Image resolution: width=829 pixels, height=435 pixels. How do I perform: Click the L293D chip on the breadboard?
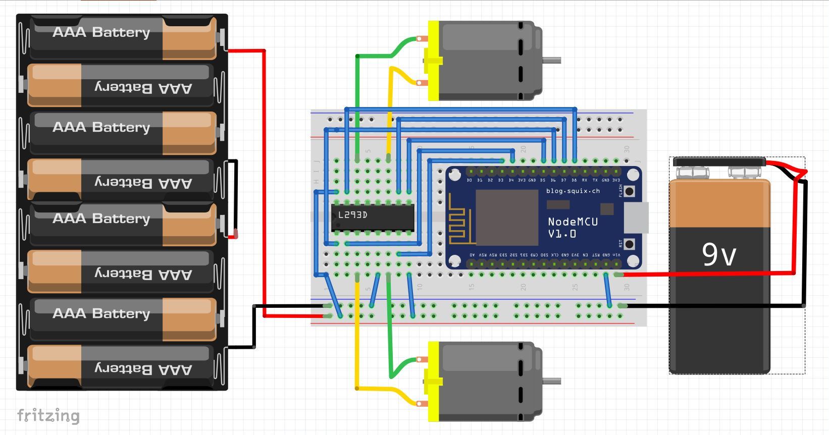pyautogui.click(x=373, y=217)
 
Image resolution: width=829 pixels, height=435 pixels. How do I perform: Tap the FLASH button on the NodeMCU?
pyautogui.click(x=629, y=191)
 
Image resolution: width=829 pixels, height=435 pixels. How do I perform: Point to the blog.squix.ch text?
pyautogui.click(x=573, y=191)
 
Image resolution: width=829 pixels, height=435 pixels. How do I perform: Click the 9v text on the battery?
pyautogui.click(x=719, y=254)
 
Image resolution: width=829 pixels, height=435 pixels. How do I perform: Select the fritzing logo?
pyautogui.click(x=48, y=415)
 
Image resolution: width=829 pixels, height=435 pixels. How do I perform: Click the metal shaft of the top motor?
pyautogui.click(x=552, y=61)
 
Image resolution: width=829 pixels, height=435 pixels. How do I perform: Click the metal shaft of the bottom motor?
pyautogui.click(x=552, y=381)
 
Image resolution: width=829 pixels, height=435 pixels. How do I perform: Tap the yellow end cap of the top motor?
pyautogui.click(x=433, y=61)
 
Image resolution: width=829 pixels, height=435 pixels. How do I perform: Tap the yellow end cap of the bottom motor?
pyautogui.click(x=433, y=381)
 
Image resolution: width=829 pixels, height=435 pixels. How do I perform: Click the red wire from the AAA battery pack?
pyautogui.click(x=264, y=182)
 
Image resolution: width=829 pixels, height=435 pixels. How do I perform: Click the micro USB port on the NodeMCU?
pyautogui.click(x=635, y=217)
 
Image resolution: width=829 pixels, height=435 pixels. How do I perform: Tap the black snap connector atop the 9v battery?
pyautogui.click(x=719, y=161)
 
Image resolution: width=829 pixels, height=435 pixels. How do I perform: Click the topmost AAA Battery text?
pyautogui.click(x=101, y=32)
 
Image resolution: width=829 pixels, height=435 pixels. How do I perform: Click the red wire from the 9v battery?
pyautogui.click(x=707, y=274)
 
